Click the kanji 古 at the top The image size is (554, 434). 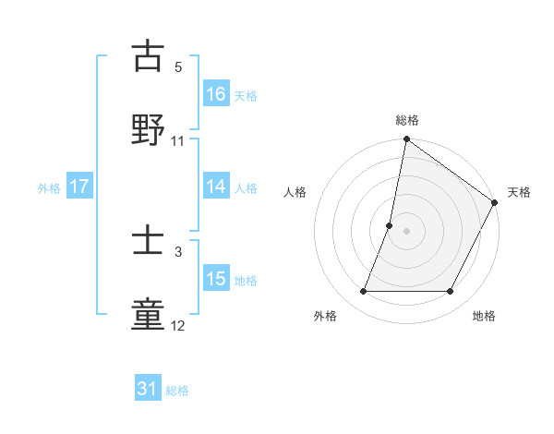coord(149,57)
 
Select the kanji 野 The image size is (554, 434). coord(149,130)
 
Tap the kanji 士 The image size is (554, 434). coord(149,240)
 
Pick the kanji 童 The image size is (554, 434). coord(149,314)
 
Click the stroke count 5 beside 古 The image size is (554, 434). coord(178,67)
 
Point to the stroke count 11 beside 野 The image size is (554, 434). coord(178,141)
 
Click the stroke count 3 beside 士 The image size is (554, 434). coord(178,251)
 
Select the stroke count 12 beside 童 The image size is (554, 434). coord(178,325)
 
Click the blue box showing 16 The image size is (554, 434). coord(216,94)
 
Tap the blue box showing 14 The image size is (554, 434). coord(216,187)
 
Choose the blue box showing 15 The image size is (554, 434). coord(216,279)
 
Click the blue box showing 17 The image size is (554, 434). coord(79,187)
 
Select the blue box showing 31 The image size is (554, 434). coord(148,390)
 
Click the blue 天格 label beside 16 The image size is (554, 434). coord(246,95)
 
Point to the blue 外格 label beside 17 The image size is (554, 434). coord(49,187)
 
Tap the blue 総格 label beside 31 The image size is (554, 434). coord(177,391)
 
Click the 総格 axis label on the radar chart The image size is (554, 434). coord(407,120)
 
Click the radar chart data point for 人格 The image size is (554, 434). coord(390,225)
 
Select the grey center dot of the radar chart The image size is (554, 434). coord(407,231)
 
